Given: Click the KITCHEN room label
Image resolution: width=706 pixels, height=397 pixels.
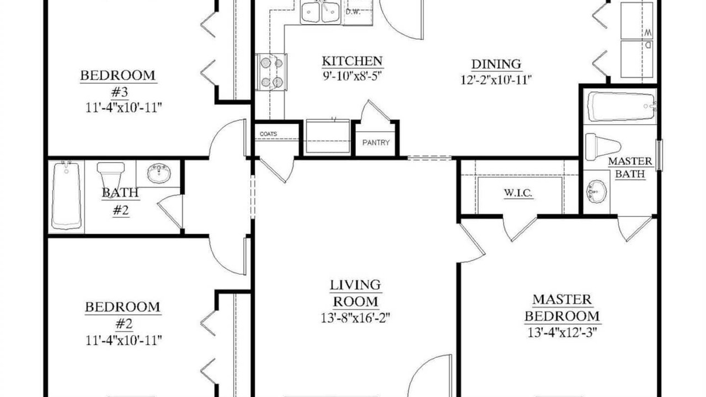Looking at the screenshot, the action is [352, 61].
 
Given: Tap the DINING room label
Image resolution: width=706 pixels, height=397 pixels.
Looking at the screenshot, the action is [496, 65].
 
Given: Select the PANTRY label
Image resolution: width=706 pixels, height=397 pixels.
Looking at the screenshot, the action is [376, 143].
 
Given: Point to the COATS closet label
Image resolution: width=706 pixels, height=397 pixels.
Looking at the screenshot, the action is [268, 134].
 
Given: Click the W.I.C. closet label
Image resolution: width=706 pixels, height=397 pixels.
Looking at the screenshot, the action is [518, 192].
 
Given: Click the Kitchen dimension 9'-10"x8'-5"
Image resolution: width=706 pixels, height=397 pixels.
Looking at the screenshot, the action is [352, 77].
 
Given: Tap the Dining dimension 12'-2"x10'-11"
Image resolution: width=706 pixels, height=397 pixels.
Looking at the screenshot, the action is [496, 80].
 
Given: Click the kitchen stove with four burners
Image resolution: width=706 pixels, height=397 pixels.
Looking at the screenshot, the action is [271, 72].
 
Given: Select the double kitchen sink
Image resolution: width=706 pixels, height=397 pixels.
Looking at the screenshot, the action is [320, 12].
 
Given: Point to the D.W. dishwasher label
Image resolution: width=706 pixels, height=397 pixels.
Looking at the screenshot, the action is [353, 12].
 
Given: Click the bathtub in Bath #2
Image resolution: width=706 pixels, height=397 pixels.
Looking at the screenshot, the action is [66, 195].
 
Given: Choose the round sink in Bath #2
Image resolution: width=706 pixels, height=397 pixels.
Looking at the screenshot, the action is [159, 173].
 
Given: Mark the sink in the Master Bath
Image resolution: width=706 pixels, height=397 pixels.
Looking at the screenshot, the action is [596, 191].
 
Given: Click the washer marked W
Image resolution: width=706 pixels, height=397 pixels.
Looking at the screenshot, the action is [637, 21].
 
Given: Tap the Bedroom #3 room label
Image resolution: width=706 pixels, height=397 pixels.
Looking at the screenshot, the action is [119, 84].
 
